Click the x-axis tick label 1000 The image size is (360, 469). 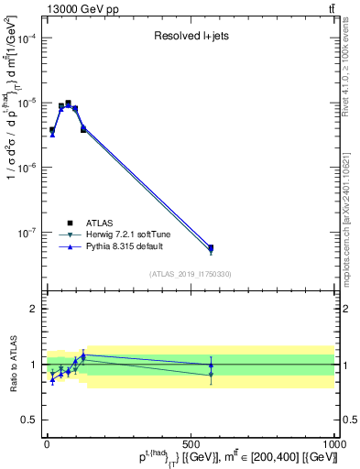coord(333,443)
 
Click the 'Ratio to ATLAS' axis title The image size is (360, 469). coord(11,365)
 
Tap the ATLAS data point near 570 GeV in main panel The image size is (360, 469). coord(211,247)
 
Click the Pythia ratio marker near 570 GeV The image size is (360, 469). coord(211,365)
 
